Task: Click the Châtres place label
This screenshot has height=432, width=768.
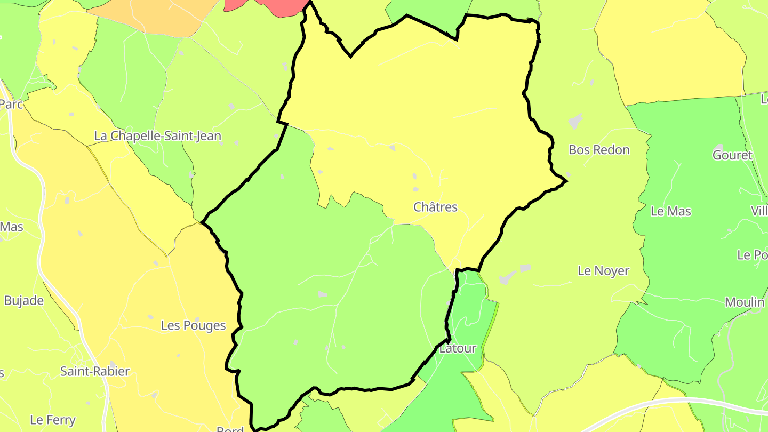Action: [x=435, y=207]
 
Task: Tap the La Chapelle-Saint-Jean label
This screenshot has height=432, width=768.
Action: [x=157, y=136]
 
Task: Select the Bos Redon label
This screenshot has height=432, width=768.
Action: [x=599, y=150]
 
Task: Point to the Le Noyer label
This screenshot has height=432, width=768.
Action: [x=603, y=271]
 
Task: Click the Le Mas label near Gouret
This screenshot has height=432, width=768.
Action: [x=670, y=211]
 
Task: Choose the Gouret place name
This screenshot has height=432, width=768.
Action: [x=732, y=155]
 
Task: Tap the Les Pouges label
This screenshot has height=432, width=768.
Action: [x=193, y=325]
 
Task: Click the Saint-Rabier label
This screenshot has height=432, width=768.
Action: [x=95, y=371]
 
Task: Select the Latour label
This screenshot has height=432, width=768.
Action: [x=457, y=349]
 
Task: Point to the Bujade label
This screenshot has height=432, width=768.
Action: [x=23, y=300]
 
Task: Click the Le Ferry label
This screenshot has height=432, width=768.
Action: [x=53, y=420]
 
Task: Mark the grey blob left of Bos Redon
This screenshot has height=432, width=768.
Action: [x=575, y=121]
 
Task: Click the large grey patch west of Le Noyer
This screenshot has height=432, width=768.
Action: [x=508, y=277]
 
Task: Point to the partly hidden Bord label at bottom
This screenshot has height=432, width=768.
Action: [x=230, y=429]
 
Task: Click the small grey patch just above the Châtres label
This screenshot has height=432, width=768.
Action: [x=415, y=189]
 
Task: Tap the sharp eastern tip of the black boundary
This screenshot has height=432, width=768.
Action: [x=566, y=181]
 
